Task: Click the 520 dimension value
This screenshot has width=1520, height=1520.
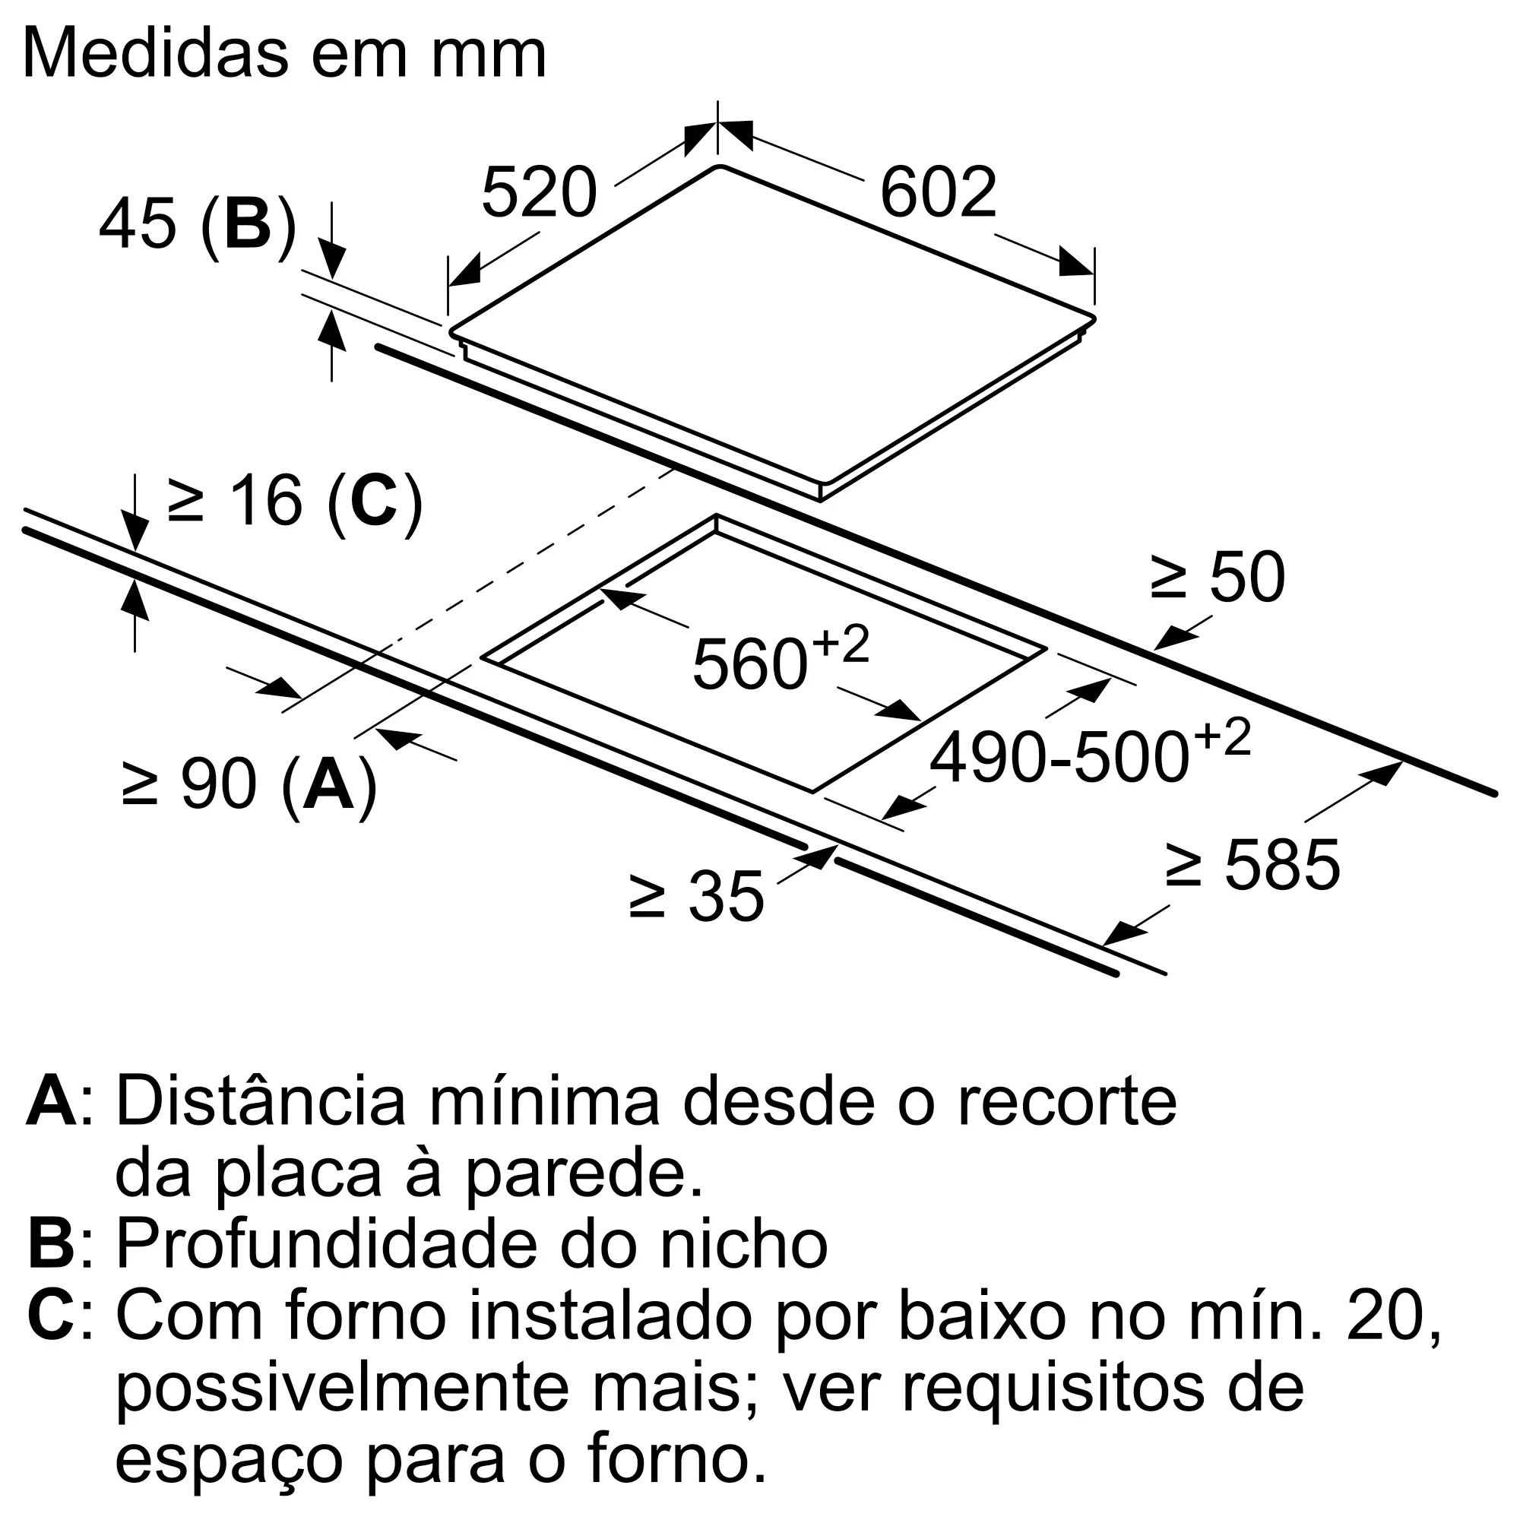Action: click(539, 193)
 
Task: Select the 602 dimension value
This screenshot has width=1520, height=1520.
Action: click(938, 193)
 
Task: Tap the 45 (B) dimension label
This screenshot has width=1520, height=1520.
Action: click(198, 225)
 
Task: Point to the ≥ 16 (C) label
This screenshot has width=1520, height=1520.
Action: click(294, 501)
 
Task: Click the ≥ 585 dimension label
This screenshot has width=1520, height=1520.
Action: click(1252, 866)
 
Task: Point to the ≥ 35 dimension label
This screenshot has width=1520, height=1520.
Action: click(696, 896)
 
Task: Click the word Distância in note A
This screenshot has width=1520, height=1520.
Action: click(261, 1102)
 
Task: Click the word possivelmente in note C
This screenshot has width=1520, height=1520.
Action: click(341, 1389)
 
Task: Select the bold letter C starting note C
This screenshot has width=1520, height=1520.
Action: click(51, 1316)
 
